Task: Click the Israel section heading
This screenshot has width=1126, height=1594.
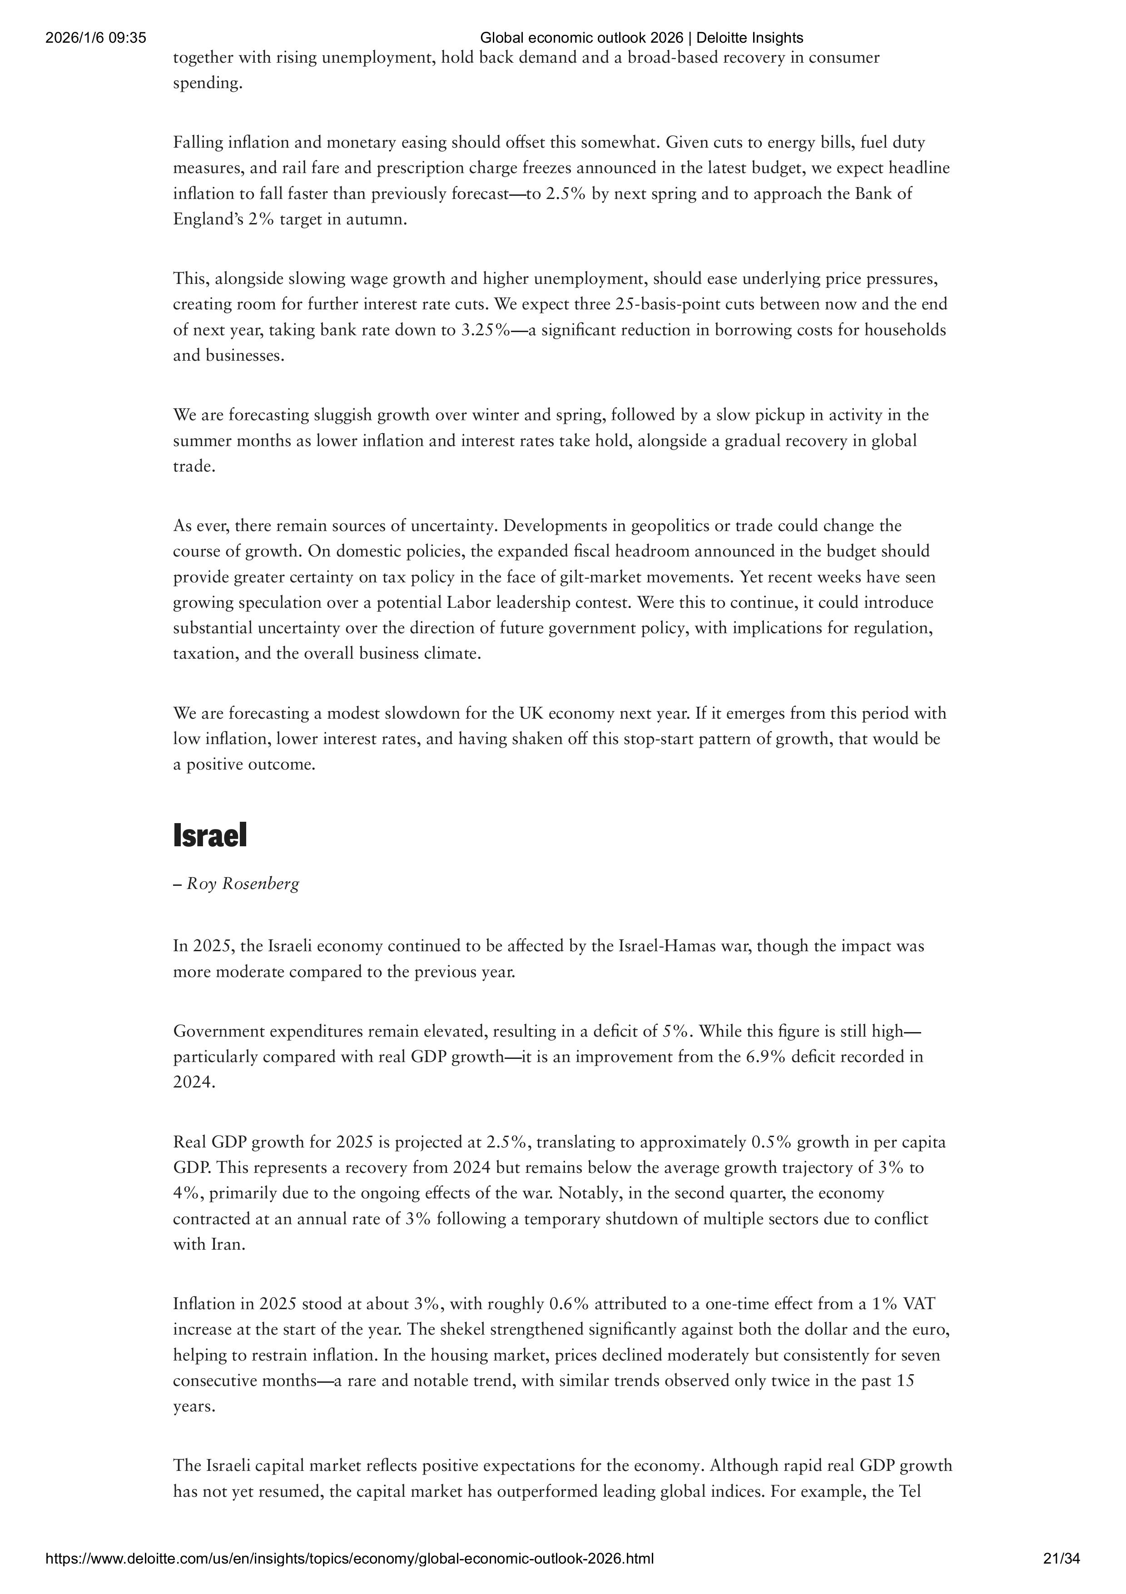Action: pyautogui.click(x=210, y=836)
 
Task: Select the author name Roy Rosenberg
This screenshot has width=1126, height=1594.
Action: pyautogui.click(x=243, y=884)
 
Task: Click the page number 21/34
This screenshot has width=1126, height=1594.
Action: pyautogui.click(x=1062, y=1559)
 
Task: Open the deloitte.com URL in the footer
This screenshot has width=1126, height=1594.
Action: pyautogui.click(x=349, y=1559)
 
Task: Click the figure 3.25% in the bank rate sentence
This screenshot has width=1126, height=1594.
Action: pyautogui.click(x=485, y=330)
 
